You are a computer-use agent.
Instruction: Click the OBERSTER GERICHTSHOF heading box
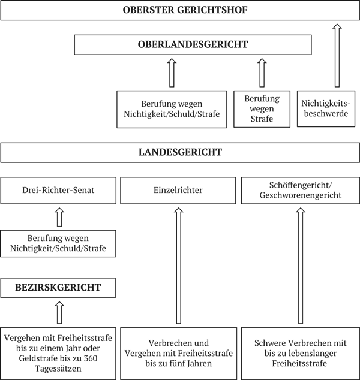tap(180, 10)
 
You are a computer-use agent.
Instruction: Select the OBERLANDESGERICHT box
tap(193, 44)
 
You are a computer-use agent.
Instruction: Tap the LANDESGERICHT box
tap(180, 152)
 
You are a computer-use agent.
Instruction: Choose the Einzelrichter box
tap(178, 191)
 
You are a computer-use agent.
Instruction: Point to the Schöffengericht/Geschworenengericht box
tap(299, 191)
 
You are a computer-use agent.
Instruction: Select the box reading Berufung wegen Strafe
tap(260, 108)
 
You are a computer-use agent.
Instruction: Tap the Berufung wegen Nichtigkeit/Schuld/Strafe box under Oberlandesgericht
tap(171, 108)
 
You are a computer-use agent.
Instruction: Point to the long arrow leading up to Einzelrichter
tap(178, 264)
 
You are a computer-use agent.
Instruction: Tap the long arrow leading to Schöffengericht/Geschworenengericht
tap(300, 264)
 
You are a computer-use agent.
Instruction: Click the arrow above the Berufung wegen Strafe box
tap(260, 73)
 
